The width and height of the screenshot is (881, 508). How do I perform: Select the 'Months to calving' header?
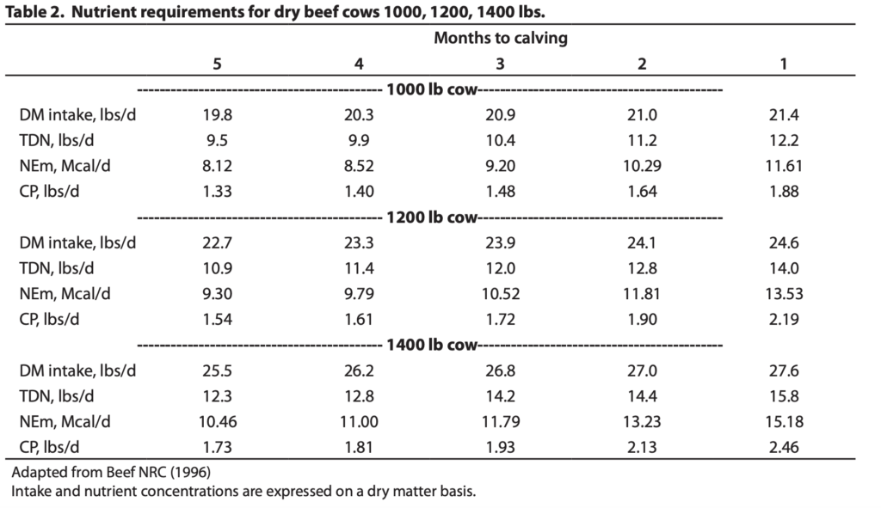pos(500,38)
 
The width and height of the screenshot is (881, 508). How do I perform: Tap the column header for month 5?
pos(218,64)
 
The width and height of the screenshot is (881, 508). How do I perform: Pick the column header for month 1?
pos(784,64)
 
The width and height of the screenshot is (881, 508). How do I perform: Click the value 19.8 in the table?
pos(218,115)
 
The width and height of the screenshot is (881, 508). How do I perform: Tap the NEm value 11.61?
pos(784,166)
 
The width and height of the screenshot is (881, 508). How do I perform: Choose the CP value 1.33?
pos(218,192)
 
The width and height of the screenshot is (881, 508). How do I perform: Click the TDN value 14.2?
pos(500,396)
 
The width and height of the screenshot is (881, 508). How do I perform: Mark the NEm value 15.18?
pos(784,422)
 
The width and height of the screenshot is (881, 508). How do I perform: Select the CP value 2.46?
pos(784,447)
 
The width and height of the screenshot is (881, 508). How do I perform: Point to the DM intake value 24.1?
pos(642,243)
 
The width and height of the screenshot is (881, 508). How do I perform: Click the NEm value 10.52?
pos(500,294)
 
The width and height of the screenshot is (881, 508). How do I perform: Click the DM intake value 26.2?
pos(359,371)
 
